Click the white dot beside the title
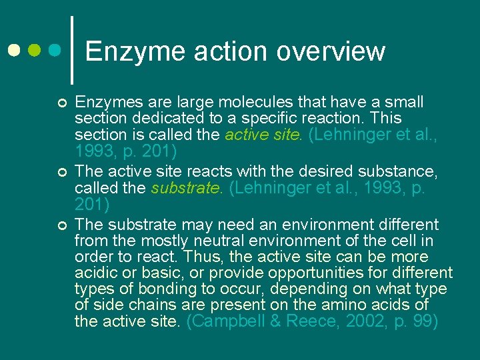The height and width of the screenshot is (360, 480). point(15,50)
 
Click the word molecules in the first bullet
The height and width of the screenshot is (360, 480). point(248,102)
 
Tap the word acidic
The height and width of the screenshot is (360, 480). point(97,273)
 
